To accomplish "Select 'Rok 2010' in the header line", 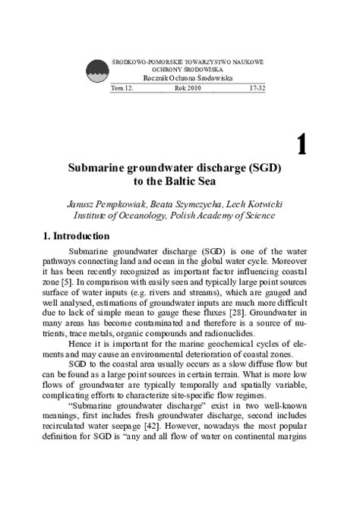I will [x=187, y=88].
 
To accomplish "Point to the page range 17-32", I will [x=258, y=88].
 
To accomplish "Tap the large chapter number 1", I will [x=301, y=143].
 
